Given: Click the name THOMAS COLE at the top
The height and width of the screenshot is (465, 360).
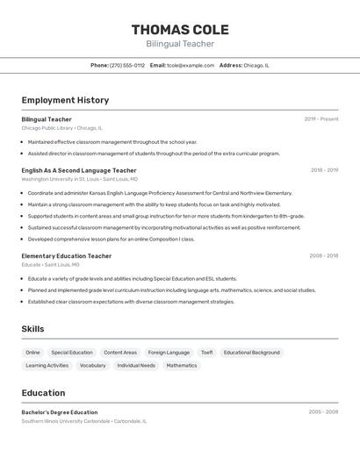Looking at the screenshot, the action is (179, 28).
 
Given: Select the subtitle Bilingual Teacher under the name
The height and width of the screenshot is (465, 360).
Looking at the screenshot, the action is (179, 44).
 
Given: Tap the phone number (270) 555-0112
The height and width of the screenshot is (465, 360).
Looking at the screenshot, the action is (127, 65).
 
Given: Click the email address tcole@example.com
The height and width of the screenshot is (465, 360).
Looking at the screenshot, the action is (191, 65).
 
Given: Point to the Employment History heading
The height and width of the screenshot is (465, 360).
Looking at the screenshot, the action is (65, 100).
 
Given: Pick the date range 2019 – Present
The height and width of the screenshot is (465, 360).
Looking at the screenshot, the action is (321, 119).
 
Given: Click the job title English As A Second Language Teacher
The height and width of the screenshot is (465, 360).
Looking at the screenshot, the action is (79, 170).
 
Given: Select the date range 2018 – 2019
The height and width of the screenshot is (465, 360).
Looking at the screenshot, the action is (324, 170).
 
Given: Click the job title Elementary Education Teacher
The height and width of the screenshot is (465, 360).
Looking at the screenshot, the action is (67, 256).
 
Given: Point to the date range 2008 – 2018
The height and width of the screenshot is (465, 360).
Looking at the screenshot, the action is (324, 256).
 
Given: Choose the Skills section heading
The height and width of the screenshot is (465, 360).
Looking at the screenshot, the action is (33, 329).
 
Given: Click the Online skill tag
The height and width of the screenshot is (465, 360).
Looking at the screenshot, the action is (33, 353).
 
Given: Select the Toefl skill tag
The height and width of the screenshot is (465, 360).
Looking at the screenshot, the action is (206, 353).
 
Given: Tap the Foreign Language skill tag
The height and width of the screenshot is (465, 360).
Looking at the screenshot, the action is (169, 353).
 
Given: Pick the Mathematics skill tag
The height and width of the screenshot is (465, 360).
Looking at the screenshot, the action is (182, 365).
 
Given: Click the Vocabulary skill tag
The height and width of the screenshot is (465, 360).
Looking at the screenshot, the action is (92, 365).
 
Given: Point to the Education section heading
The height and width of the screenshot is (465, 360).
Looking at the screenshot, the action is (44, 393).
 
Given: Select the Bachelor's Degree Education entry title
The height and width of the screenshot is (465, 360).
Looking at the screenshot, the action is (60, 412).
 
